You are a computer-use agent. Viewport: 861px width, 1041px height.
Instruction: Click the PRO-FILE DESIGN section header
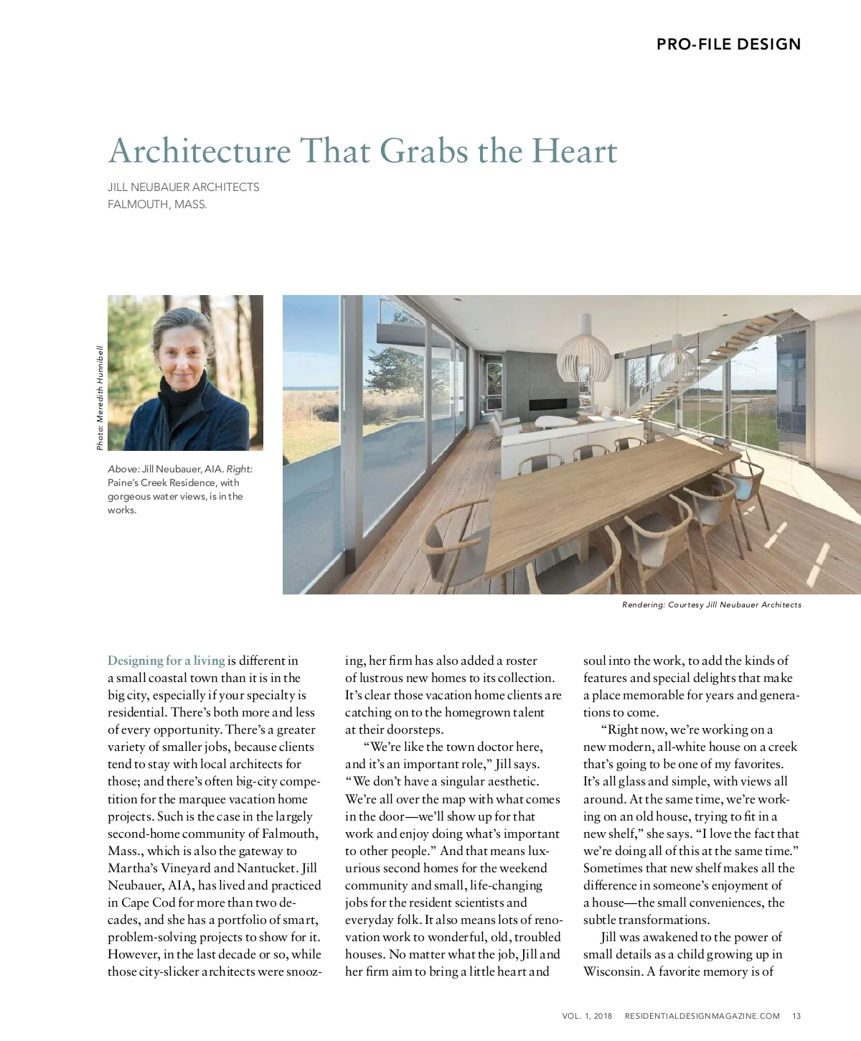[728, 45]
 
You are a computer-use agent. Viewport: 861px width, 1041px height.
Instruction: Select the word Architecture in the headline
[199, 151]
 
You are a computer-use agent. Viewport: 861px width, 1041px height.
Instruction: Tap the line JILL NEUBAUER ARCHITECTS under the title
[184, 187]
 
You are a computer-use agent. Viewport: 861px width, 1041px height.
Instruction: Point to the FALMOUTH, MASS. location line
[157, 205]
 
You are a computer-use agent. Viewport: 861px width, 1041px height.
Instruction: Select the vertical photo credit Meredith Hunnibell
[100, 398]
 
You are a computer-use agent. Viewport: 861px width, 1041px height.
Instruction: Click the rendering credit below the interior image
[711, 605]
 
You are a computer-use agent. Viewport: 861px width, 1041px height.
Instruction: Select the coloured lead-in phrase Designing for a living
[166, 660]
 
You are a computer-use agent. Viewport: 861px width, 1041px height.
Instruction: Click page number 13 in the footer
[796, 1016]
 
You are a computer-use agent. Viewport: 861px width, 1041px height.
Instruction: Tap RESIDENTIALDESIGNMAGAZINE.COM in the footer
[702, 1016]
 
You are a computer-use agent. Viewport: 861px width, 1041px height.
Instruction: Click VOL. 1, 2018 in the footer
[587, 1016]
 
